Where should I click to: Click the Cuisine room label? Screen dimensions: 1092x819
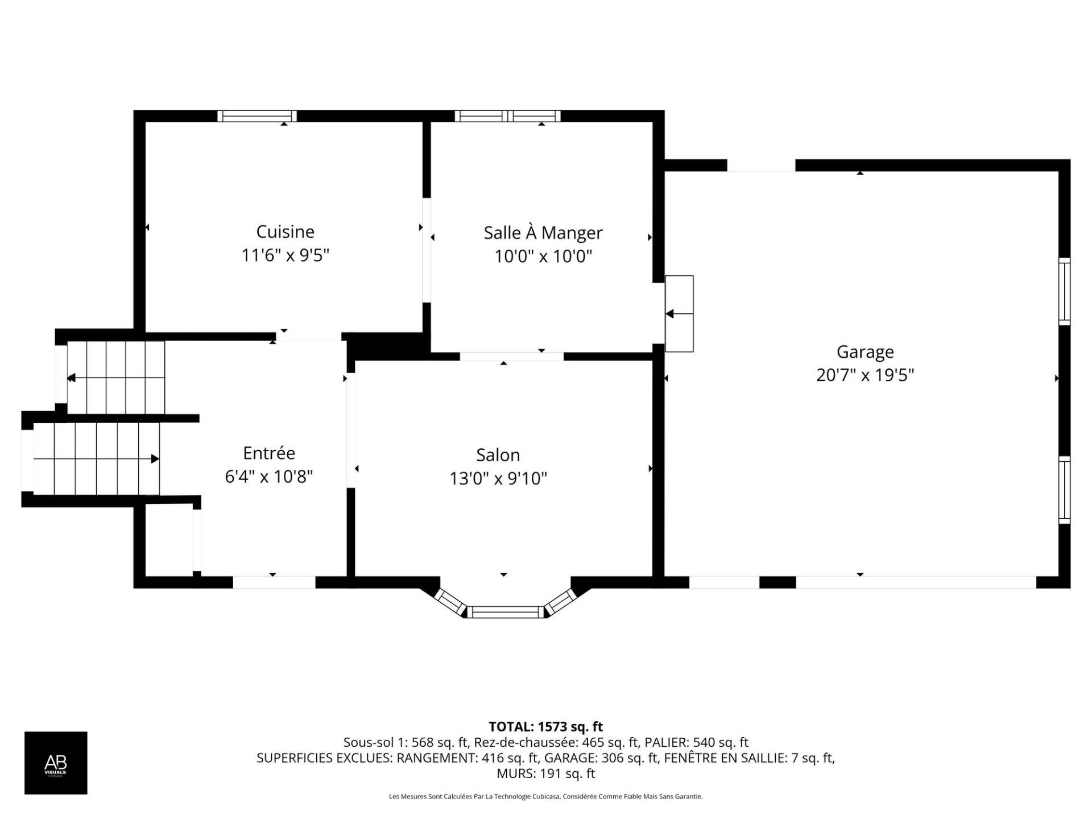pyautogui.click(x=285, y=231)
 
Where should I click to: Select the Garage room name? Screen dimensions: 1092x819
pyautogui.click(x=865, y=352)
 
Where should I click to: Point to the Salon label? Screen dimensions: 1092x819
pyautogui.click(x=498, y=455)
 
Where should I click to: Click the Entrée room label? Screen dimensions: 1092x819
pyautogui.click(x=269, y=453)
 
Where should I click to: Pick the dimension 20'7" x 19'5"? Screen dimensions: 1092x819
pyautogui.click(x=865, y=375)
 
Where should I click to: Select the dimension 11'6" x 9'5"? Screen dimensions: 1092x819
pyautogui.click(x=286, y=255)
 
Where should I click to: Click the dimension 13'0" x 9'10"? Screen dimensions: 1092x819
pyautogui.click(x=498, y=479)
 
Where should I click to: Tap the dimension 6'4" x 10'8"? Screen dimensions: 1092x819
pyautogui.click(x=269, y=477)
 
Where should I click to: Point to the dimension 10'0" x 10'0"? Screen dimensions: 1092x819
pyautogui.click(x=543, y=257)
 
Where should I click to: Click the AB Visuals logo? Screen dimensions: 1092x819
pyautogui.click(x=56, y=763)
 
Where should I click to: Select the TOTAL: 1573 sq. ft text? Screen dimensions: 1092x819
pyautogui.click(x=545, y=727)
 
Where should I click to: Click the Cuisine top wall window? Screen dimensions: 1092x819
pyautogui.click(x=257, y=116)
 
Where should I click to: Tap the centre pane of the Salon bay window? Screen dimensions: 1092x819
pyautogui.click(x=506, y=612)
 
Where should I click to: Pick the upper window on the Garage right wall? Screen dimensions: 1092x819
pyautogui.click(x=1064, y=292)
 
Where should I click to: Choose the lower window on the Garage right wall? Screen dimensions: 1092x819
pyautogui.click(x=1064, y=490)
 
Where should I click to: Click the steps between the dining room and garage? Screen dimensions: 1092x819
pyautogui.click(x=679, y=313)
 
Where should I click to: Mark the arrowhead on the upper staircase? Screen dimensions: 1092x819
pyautogui.click(x=71, y=378)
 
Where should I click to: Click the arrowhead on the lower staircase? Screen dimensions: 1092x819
pyautogui.click(x=155, y=458)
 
